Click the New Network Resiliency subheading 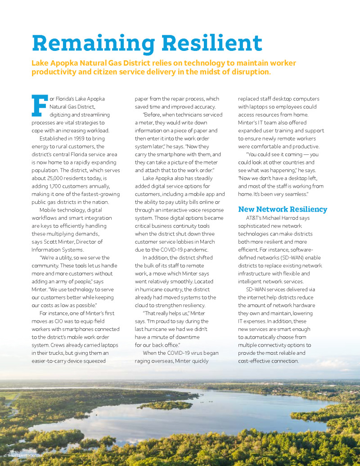click(x=283, y=209)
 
